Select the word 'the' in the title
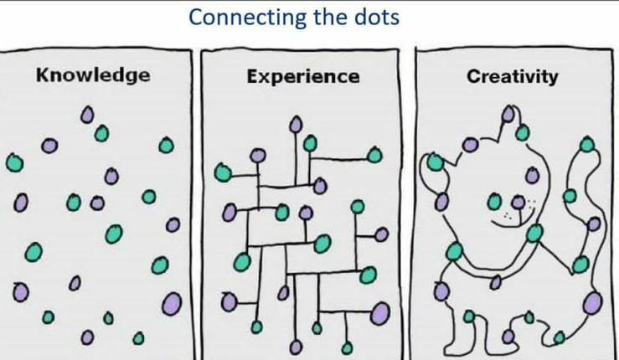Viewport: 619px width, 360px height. (x=331, y=17)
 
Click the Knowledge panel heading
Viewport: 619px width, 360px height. (x=93, y=75)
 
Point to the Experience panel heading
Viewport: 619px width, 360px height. (x=303, y=76)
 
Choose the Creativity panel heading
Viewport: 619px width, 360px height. (x=513, y=76)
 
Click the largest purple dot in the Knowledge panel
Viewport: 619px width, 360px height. (x=172, y=304)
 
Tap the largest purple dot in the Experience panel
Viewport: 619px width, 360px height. (x=380, y=312)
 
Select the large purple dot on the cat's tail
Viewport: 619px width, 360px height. (x=592, y=303)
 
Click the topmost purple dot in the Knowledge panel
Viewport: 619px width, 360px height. (x=87, y=115)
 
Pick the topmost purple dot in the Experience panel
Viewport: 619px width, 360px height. (x=296, y=125)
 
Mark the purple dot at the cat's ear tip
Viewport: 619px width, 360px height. (x=508, y=114)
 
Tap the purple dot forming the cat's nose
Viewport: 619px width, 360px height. (x=518, y=203)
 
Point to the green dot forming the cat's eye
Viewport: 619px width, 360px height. (x=494, y=202)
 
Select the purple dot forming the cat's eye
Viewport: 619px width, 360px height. (x=533, y=175)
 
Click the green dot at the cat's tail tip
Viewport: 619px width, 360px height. (x=587, y=145)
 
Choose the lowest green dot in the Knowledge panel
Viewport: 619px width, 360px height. (x=138, y=338)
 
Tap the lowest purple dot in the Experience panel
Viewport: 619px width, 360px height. (x=296, y=347)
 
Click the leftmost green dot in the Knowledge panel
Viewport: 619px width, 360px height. (x=14, y=162)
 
